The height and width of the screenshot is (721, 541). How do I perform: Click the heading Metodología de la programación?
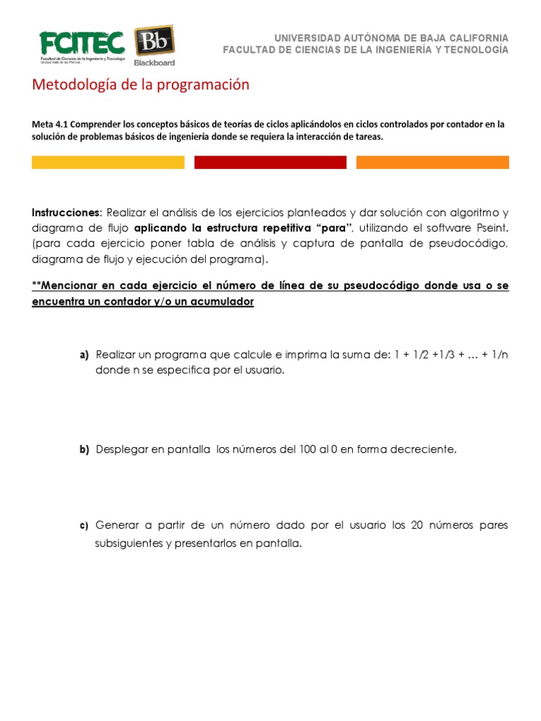[141, 85]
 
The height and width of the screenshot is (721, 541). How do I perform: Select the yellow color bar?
[108, 163]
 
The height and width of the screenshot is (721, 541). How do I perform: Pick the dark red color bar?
[270, 163]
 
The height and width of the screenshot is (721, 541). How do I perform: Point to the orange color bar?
[433, 163]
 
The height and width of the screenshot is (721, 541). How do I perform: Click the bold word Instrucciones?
[67, 213]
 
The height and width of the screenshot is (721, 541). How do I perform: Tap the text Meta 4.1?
[51, 124]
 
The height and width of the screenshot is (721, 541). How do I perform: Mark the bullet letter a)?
[84, 356]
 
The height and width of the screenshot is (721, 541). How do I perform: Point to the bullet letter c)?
[84, 526]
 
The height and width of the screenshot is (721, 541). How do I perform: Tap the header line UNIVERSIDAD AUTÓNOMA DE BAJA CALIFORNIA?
[390, 37]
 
